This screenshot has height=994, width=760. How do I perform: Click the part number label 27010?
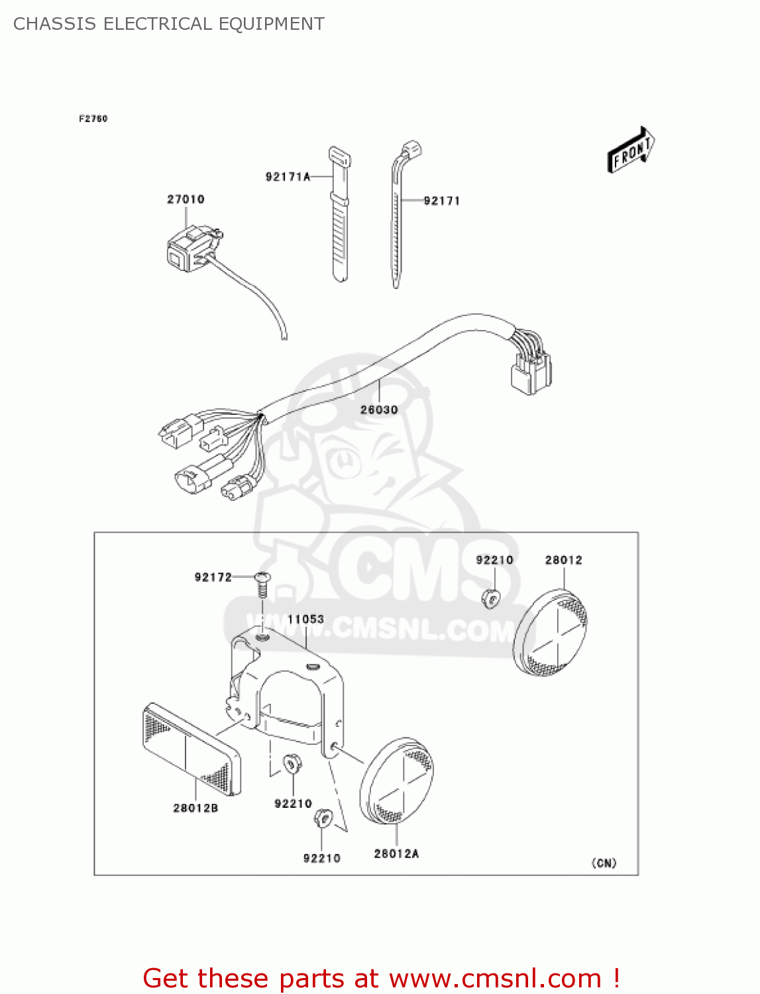186,199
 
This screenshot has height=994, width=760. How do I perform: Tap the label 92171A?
288,177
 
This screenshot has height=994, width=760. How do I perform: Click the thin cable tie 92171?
397,225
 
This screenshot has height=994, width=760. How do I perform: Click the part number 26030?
379,410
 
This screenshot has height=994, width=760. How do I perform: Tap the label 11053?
305,620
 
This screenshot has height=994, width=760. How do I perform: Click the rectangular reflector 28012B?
191,749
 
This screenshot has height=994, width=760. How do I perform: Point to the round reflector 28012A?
396,782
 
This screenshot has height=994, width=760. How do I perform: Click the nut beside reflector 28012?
491,598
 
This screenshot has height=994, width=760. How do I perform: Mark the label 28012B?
195,808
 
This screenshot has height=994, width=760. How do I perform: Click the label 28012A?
396,854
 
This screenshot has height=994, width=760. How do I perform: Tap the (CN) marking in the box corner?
604,863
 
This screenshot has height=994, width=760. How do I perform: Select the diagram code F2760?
93,119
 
